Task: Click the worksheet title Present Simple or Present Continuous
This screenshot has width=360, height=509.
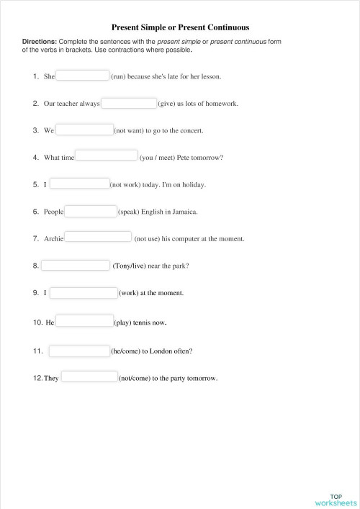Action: coord(180,25)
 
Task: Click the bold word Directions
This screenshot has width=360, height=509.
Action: coord(38,42)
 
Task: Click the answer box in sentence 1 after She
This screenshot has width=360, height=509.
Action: coord(83,76)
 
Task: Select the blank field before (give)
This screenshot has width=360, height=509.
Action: coord(129,103)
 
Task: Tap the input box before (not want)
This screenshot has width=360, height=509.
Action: coord(84,130)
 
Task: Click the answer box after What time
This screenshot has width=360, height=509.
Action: coord(106,156)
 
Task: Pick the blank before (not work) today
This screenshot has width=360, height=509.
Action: coord(79,184)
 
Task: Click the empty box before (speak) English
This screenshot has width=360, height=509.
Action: coord(91,211)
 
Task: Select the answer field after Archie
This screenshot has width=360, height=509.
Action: coord(99,237)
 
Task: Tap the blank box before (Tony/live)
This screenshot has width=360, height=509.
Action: coord(75,265)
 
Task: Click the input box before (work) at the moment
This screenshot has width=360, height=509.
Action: coord(84,292)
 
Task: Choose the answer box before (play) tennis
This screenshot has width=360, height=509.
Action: coord(84,321)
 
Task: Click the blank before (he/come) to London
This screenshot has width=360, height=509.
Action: coord(78,351)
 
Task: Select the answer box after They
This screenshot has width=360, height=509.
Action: coord(89,377)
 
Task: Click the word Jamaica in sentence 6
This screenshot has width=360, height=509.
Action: coord(184,212)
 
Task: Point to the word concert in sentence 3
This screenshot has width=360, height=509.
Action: coord(192,131)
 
